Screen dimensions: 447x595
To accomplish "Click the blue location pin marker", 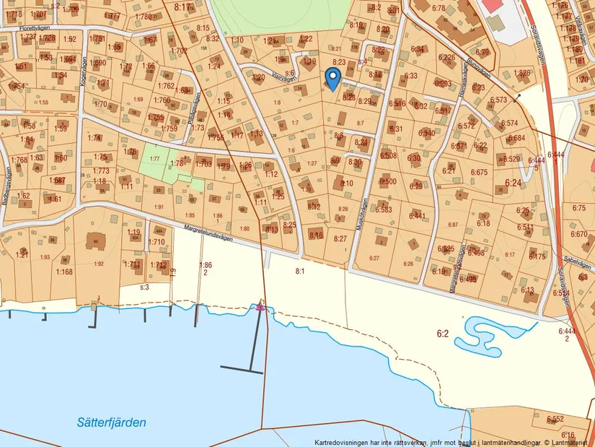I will click(332, 77).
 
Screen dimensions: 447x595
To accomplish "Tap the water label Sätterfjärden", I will click(112, 422).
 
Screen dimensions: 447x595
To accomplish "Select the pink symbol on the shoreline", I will click(260, 307).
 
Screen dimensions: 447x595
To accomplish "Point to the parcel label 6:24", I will click(514, 183).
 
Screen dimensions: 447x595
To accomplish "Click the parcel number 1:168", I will click(64, 272).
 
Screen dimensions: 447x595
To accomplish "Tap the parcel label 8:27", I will click(340, 238).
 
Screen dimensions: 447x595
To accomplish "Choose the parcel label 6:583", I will click(383, 209).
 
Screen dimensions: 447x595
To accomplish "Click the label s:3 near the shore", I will click(144, 287).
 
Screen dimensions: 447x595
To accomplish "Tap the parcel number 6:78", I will click(438, 7).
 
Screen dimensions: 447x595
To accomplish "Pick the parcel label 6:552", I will click(555, 419).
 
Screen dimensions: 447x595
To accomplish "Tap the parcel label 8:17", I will click(184, 6).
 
